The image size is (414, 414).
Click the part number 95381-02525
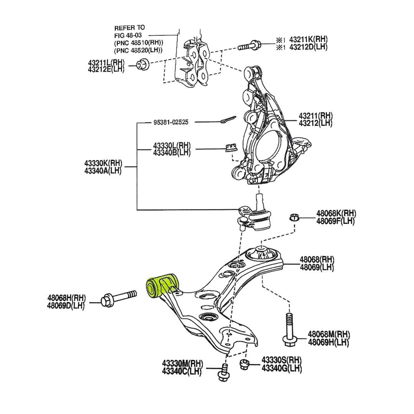[x=171, y=122]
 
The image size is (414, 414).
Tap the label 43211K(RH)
[x=308, y=39]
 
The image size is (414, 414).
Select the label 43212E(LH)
[x=106, y=69]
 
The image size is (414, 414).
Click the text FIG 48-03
[x=128, y=35]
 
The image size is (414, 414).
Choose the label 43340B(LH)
[x=172, y=152]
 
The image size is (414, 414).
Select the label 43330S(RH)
[x=282, y=360]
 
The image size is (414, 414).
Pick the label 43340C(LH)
[x=182, y=371]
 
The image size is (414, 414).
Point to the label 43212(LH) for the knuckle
[x=315, y=123]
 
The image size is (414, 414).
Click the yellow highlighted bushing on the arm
[x=162, y=286]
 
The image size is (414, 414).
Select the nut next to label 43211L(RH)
[x=143, y=65]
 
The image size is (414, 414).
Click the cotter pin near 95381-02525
[x=228, y=119]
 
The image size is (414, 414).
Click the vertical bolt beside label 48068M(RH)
[x=289, y=329]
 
